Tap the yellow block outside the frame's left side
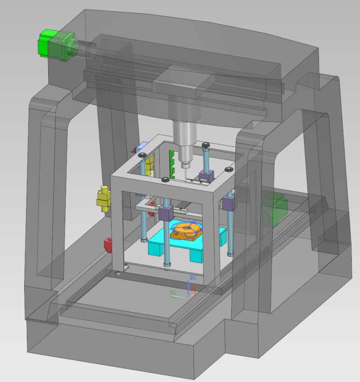[x=103, y=198]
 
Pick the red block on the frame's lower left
[x=108, y=245]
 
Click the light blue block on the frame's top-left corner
[x=141, y=147]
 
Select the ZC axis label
[x=193, y=277]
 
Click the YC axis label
[x=172, y=292]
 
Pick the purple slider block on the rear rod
[x=206, y=175]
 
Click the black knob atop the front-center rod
[x=165, y=180]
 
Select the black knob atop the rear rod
[x=206, y=144]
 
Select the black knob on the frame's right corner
[x=229, y=169]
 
